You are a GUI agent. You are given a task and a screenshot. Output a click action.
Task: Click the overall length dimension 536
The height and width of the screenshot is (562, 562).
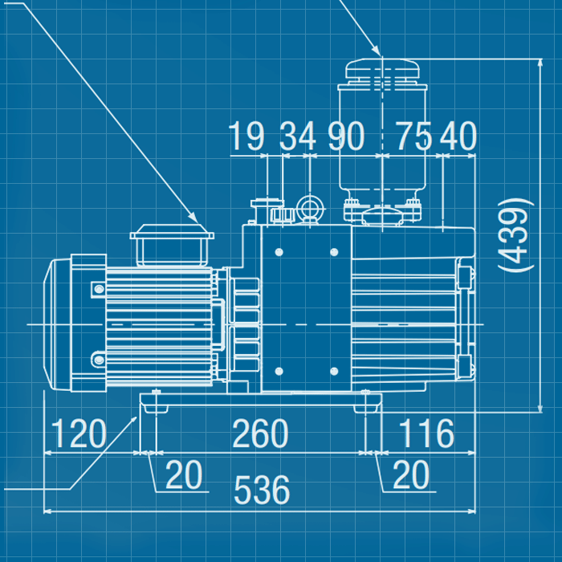pos(263,490)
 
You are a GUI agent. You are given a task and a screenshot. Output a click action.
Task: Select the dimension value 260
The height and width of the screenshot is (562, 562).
pos(260,434)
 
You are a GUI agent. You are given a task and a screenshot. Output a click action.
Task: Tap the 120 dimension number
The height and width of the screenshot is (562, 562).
pos(79,434)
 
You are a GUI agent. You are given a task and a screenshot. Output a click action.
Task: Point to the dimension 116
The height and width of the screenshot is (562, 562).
pos(426,434)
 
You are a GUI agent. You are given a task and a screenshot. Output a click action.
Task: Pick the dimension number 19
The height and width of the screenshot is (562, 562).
pos(246,137)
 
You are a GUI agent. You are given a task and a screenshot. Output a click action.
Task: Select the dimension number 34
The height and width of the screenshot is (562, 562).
pos(298,137)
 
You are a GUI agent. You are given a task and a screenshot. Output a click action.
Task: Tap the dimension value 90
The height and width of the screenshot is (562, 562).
pos(346,137)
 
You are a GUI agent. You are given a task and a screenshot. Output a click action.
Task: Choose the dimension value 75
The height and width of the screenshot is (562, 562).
pos(413,137)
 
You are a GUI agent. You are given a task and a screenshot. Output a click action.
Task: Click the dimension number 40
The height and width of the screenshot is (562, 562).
pos(458,137)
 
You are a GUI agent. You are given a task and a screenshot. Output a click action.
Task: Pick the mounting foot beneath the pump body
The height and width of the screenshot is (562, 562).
pos(368,401)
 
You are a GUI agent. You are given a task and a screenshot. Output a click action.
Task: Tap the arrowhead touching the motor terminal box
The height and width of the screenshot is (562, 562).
pos(191,217)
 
